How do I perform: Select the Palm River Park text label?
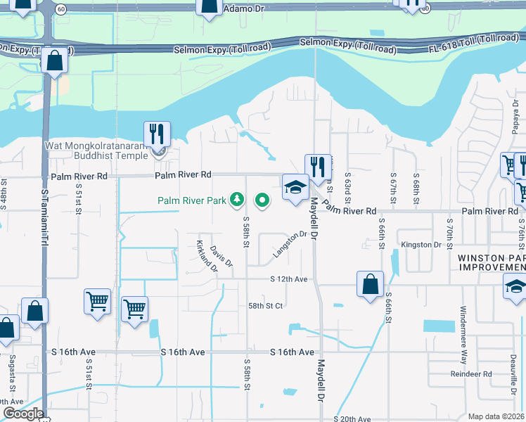point(191,200)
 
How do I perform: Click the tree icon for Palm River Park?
point(237,200)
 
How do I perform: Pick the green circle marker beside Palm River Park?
point(262,200)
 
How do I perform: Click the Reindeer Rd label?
point(471,374)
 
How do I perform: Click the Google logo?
point(23,414)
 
